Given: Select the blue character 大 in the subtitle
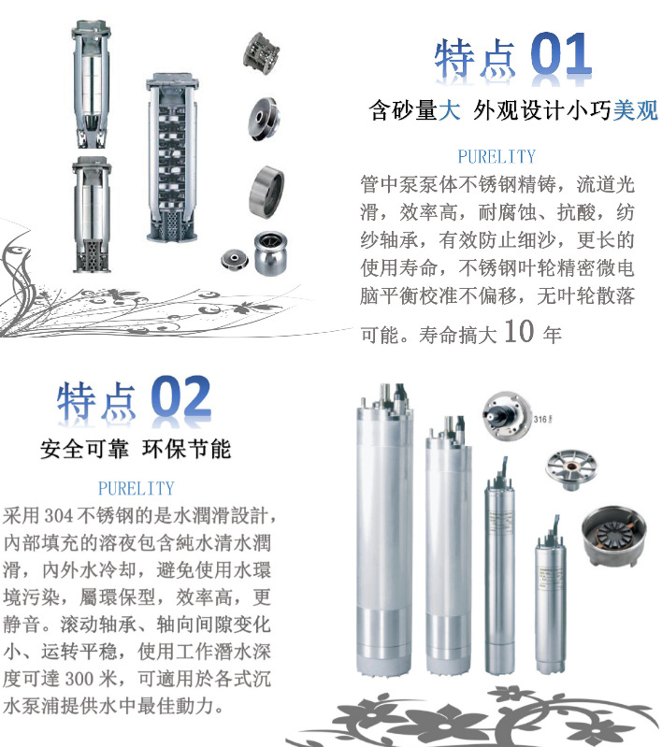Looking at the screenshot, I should coord(450,111).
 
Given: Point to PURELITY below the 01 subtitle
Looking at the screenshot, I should coord(496,156).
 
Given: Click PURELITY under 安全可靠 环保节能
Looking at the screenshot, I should coord(136,488).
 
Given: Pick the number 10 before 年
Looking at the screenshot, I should coord(519,332).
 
